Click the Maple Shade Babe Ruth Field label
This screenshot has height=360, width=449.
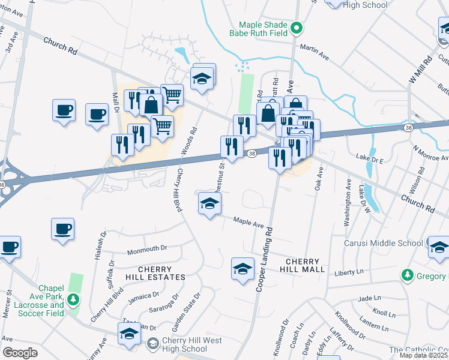coord(264,30)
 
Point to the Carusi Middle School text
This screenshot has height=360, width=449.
coord(384,243)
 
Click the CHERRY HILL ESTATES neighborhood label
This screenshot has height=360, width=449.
coord(154,274)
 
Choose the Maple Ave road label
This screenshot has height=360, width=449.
coord(249,223)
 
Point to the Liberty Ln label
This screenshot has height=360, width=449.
coord(349,272)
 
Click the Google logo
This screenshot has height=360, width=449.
coord(20,352)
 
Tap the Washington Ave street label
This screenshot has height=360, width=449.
coord(348,202)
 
